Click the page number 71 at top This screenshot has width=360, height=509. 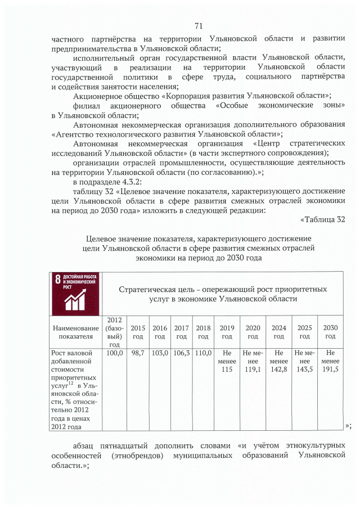198,26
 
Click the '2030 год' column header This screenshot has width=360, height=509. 330,332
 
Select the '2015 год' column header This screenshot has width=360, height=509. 137,332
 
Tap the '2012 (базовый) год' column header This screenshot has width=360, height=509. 115,332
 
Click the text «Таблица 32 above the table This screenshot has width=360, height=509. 322,219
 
